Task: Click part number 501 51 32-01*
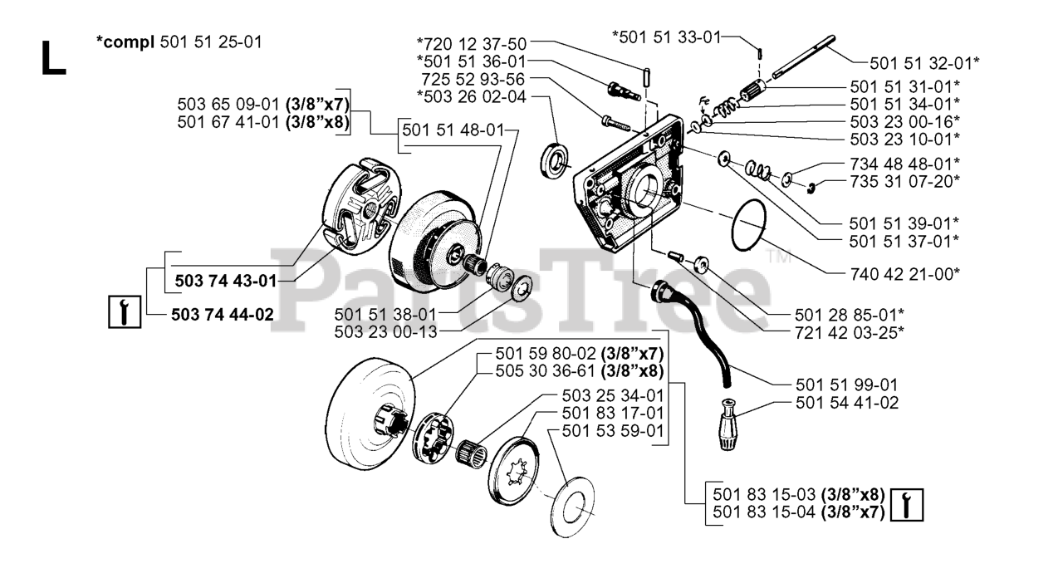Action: coord(924,62)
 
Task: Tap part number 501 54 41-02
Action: coord(846,404)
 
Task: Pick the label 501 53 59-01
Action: coord(613,431)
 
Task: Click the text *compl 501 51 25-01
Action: coord(179,42)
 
